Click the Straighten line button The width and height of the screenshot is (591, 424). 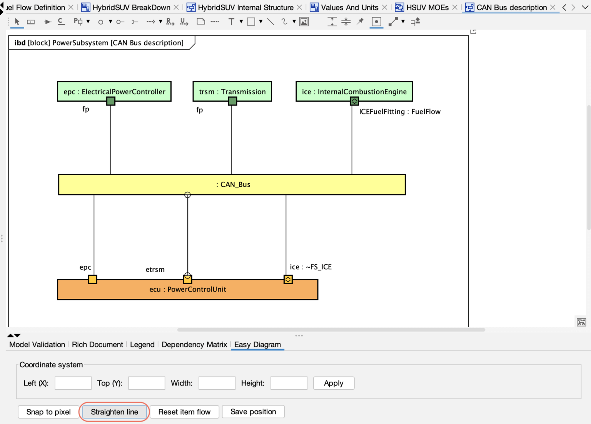point(114,412)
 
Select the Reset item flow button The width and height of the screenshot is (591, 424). point(184,412)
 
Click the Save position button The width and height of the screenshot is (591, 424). point(253,412)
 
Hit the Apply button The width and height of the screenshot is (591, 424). point(334,383)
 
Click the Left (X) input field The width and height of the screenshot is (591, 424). point(73,383)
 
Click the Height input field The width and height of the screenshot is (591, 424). point(289,383)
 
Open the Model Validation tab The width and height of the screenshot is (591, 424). point(37,345)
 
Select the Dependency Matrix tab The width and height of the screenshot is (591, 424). point(194,345)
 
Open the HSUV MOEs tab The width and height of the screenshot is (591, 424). point(427,7)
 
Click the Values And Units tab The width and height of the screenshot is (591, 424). point(349,7)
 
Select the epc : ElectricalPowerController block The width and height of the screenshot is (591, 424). point(114,91)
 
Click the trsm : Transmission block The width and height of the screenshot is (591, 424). point(232,91)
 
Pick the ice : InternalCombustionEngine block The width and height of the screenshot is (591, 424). point(354,91)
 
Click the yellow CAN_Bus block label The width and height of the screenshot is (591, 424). point(233,184)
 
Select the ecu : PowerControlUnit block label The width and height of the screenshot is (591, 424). point(188,290)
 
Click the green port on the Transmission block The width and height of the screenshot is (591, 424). point(232,101)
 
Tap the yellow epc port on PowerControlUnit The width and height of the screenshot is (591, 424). point(93,279)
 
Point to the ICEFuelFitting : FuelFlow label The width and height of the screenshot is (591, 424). point(400,112)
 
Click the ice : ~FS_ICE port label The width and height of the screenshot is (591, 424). point(311,267)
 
